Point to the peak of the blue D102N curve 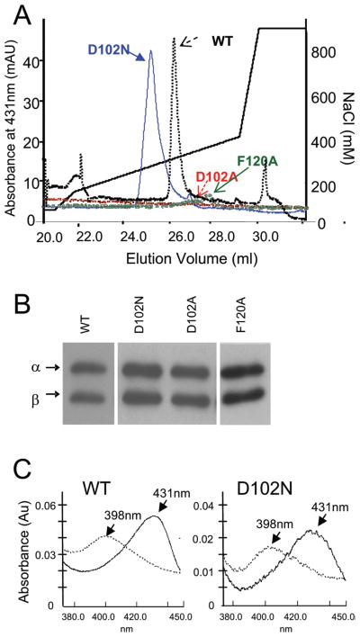tap(150, 51)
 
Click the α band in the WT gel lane tap(89, 367)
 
